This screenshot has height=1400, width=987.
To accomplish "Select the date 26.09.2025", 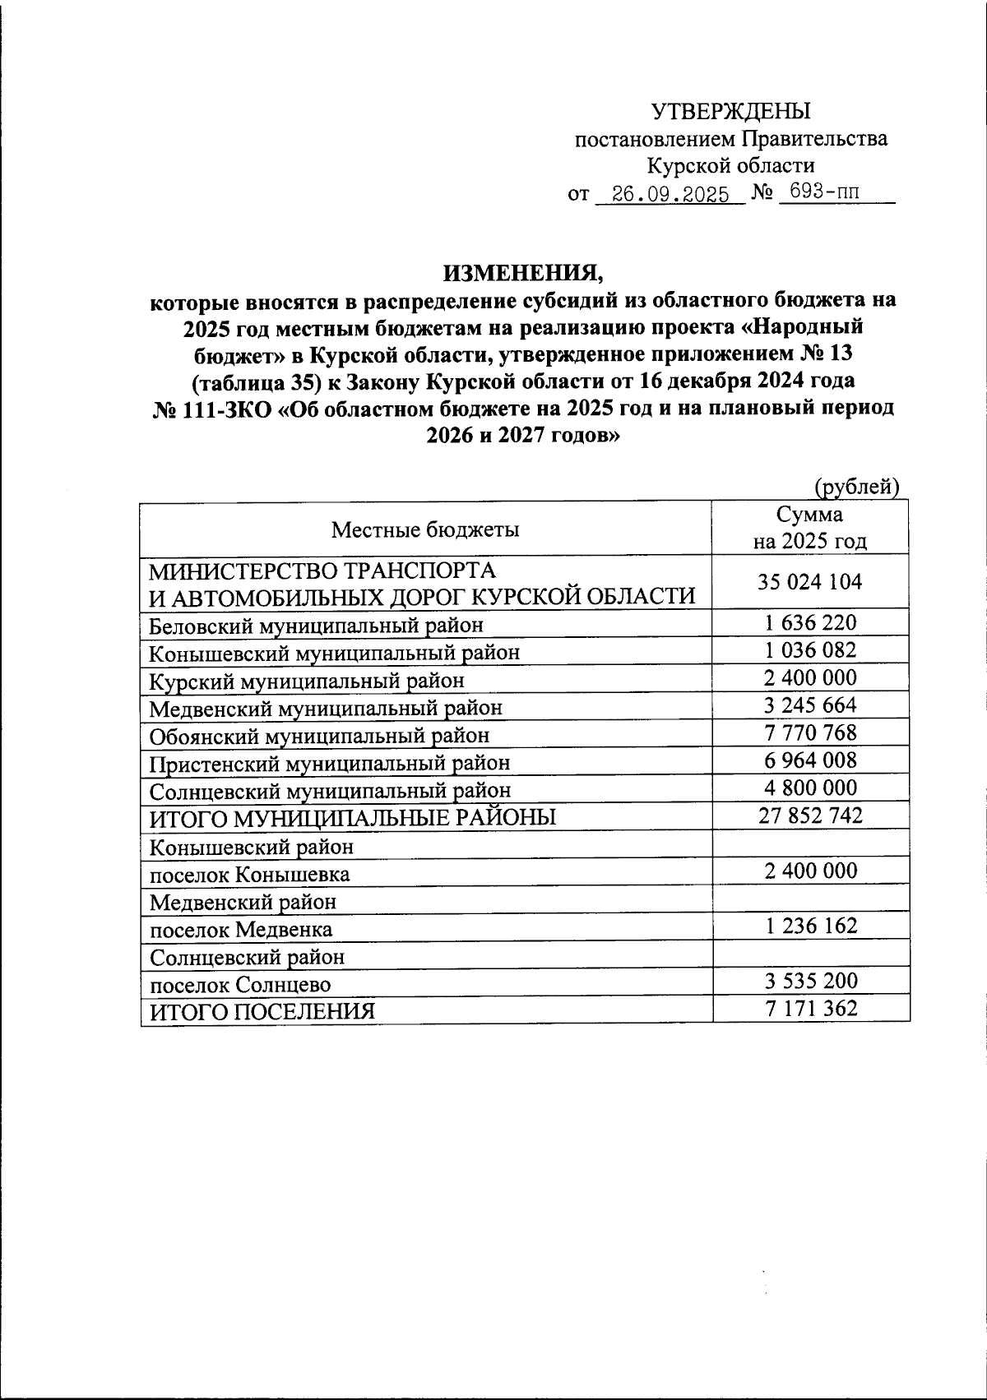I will pyautogui.click(x=665, y=196).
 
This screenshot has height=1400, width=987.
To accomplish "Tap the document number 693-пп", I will pyautogui.click(x=818, y=193).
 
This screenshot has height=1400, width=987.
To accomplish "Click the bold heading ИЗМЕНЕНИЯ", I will pyautogui.click(x=524, y=272).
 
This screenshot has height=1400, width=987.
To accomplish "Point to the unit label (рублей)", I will pyautogui.click(x=856, y=487).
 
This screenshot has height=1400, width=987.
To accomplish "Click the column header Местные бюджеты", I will pyautogui.click(x=425, y=529).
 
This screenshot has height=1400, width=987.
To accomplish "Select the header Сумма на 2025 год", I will pyautogui.click(x=810, y=528).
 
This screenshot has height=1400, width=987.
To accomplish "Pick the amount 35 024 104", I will pyautogui.click(x=810, y=582).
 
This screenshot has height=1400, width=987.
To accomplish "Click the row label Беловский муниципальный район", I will pyautogui.click(x=316, y=626).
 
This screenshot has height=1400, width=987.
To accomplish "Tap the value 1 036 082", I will pyautogui.click(x=810, y=650).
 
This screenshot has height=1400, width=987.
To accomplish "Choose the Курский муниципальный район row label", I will pyautogui.click(x=306, y=681).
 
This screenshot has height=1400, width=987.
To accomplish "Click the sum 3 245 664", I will pyautogui.click(x=810, y=705).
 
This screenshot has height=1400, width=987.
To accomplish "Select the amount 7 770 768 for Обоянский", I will pyautogui.click(x=810, y=732).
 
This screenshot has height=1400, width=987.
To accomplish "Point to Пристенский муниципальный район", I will pyautogui.click(x=329, y=763).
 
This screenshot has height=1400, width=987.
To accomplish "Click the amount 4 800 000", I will pyautogui.click(x=810, y=788).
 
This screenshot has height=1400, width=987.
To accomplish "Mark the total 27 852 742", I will pyautogui.click(x=810, y=816).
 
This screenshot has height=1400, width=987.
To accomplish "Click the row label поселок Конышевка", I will pyautogui.click(x=248, y=874).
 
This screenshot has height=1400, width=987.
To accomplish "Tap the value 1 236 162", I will pyautogui.click(x=810, y=926).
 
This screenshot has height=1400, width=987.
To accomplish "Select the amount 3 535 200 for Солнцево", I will pyautogui.click(x=810, y=981).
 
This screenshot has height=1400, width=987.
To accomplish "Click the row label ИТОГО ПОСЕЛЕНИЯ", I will pyautogui.click(x=262, y=1011).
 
